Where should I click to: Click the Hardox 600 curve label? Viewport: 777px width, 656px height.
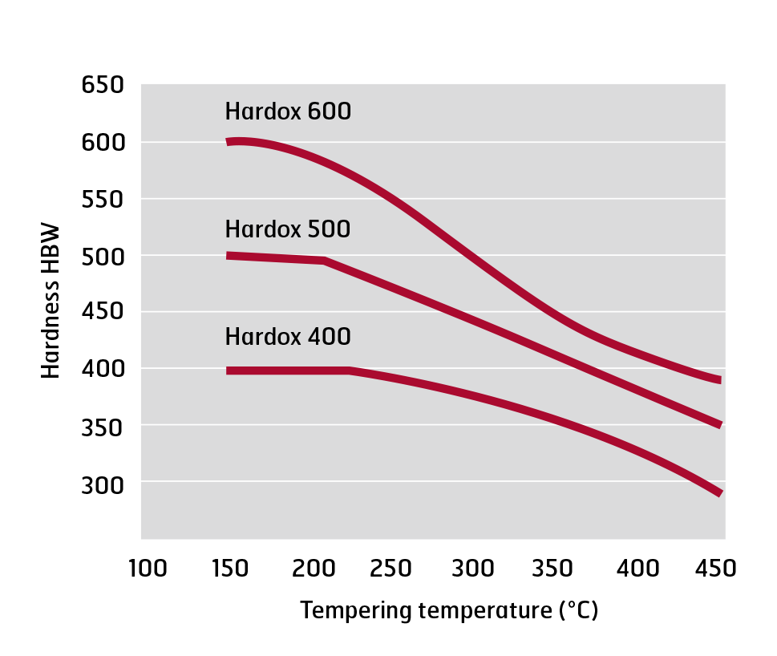click(288, 111)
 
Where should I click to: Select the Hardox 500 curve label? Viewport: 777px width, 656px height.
click(288, 229)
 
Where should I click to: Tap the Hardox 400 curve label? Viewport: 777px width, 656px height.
click(288, 336)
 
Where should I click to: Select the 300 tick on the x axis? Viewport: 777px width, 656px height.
click(472, 569)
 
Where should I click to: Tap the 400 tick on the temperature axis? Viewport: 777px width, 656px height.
click(635, 569)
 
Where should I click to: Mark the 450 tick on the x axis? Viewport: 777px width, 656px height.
click(716, 569)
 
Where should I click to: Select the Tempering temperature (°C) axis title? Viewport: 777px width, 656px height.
click(449, 611)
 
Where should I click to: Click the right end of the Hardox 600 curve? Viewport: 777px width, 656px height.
click(719, 379)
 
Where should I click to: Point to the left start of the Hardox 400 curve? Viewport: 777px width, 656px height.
click(229, 371)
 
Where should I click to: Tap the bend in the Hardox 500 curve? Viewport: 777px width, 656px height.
click(324, 261)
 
